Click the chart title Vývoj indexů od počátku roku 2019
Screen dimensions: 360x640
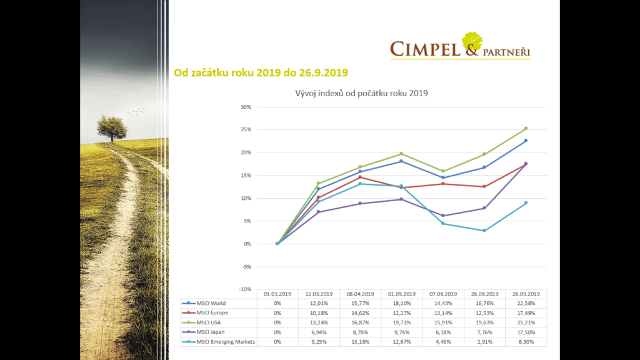coord(356,94)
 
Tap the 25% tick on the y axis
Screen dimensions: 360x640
coord(247,130)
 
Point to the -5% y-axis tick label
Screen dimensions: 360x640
coord(247,267)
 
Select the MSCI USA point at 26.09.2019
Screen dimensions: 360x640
coord(526,128)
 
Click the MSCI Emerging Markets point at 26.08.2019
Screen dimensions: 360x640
coord(484,231)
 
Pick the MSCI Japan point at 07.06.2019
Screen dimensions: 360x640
coord(443,216)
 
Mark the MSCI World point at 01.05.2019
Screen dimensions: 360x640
coord(401,161)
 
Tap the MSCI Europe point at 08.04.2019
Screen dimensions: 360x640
coord(360,177)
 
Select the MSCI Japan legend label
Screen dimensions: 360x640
coord(212,332)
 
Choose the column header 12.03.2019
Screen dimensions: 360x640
coord(319,294)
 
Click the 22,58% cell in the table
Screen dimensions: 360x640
coord(526,303)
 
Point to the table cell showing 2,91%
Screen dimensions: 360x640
coord(484,341)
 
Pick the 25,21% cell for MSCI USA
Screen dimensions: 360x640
coord(526,322)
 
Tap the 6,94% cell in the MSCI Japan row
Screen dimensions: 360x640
coord(319,332)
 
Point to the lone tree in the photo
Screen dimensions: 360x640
coord(112,127)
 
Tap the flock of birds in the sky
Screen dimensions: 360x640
coord(137,112)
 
